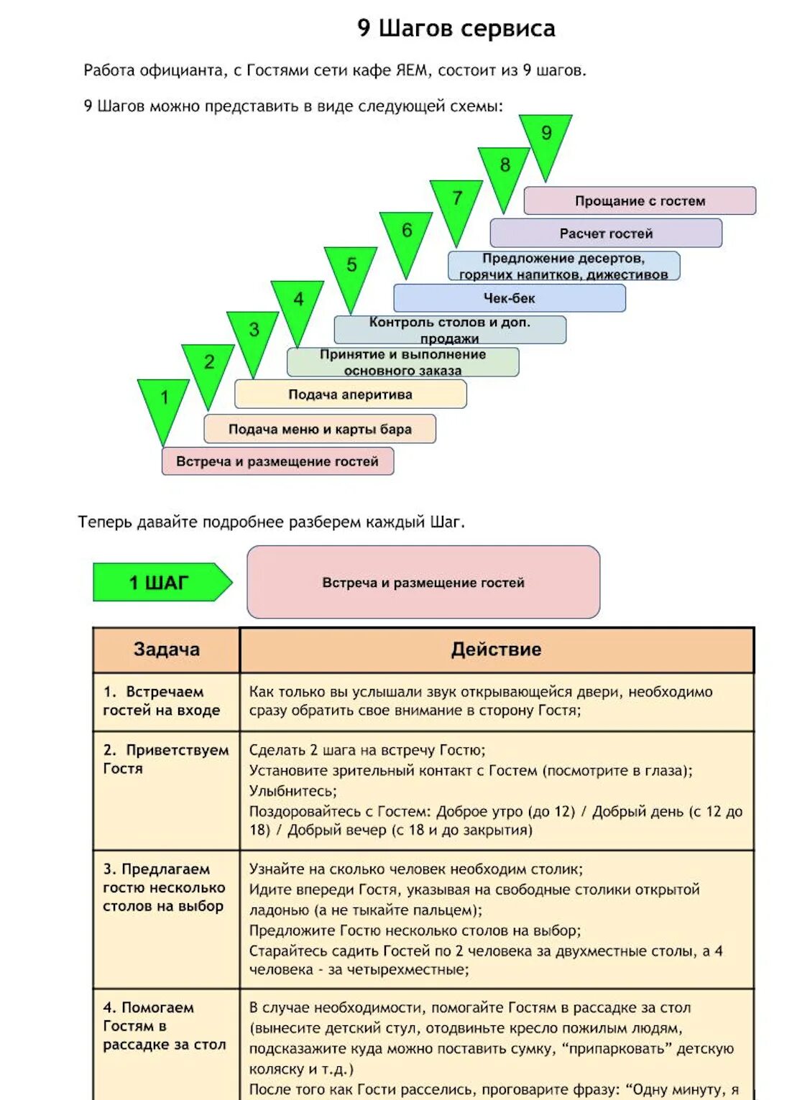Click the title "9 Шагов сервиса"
(x=456, y=29)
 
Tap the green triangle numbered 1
(x=164, y=402)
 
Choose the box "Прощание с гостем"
(x=640, y=201)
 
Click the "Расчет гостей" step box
(x=606, y=234)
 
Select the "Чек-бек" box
(x=509, y=298)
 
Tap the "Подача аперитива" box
(x=350, y=394)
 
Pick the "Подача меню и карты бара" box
(x=320, y=429)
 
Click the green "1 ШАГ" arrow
(x=161, y=582)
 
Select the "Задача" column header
(x=166, y=650)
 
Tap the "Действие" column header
(x=496, y=650)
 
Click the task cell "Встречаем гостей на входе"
(x=162, y=701)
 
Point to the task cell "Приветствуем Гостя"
(x=165, y=759)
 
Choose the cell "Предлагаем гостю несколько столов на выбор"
(x=164, y=887)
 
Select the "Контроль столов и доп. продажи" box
(x=450, y=330)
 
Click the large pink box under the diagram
(x=423, y=582)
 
